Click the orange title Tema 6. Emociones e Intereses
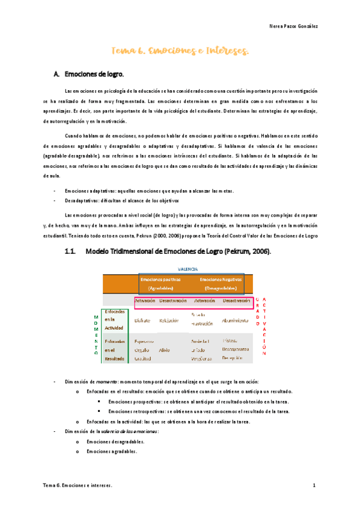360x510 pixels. pyautogui.click(x=180, y=52)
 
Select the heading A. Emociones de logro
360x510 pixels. pyautogui.click(x=88, y=75)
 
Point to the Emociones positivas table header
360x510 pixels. pyautogui.click(x=160, y=283)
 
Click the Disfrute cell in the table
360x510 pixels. pyautogui.click(x=142, y=321)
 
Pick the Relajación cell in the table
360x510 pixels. pyautogui.click(x=169, y=321)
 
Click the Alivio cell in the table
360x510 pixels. pyautogui.click(x=164, y=349)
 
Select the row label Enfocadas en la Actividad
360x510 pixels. pyautogui.click(x=115, y=321)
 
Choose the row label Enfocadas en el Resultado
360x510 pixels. pyautogui.click(x=115, y=349)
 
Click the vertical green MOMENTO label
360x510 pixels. pyautogui.click(x=96, y=335)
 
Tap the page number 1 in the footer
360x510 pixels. pyautogui.click(x=314, y=485)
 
